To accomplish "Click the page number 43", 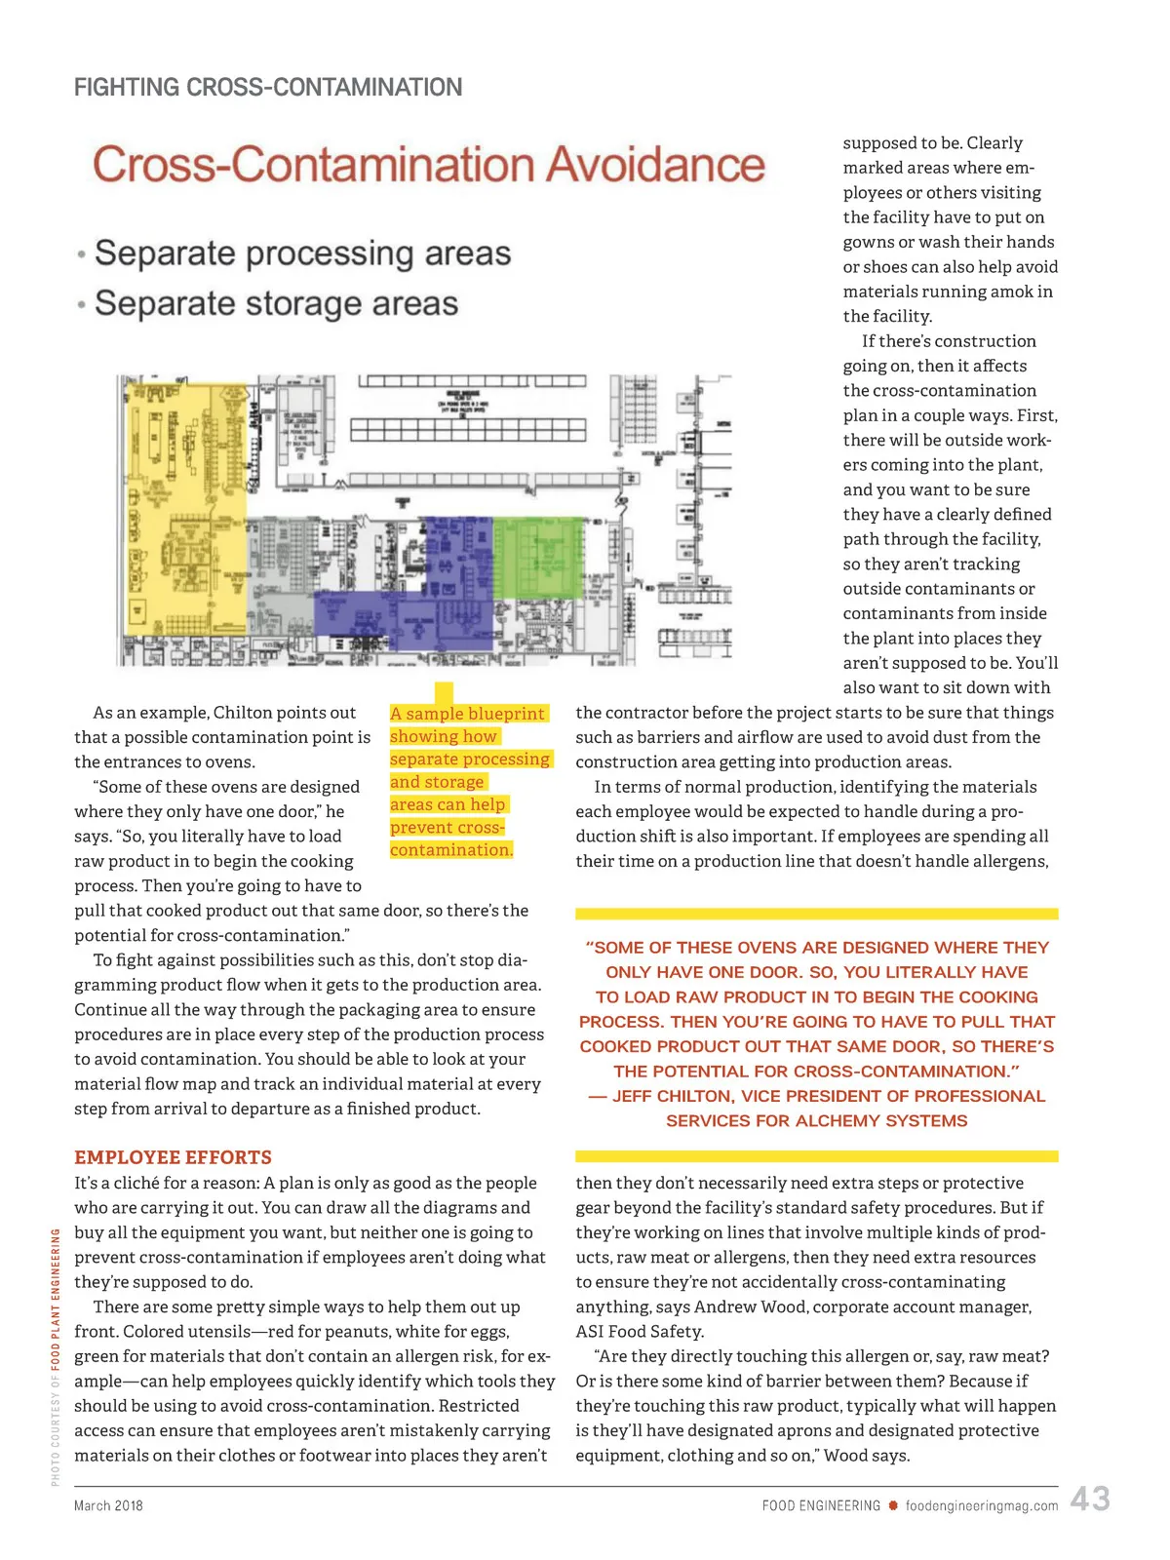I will click(1089, 1499).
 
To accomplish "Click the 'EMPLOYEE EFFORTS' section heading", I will click(173, 1157).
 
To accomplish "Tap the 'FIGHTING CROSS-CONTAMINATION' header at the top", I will click(268, 88).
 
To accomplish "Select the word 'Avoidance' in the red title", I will click(655, 164).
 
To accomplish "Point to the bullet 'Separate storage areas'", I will click(276, 303).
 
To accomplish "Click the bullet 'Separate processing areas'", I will click(302, 253).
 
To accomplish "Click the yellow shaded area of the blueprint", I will click(185, 507).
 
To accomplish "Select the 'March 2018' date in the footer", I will click(108, 1505).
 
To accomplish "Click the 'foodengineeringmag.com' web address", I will click(981, 1505).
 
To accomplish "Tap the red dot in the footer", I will click(892, 1505).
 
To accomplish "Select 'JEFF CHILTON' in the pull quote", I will click(672, 1096).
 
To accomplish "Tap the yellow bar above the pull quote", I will click(816, 914).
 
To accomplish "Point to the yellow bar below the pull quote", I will click(816, 1156).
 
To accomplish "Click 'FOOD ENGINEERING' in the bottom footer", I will click(821, 1505).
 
